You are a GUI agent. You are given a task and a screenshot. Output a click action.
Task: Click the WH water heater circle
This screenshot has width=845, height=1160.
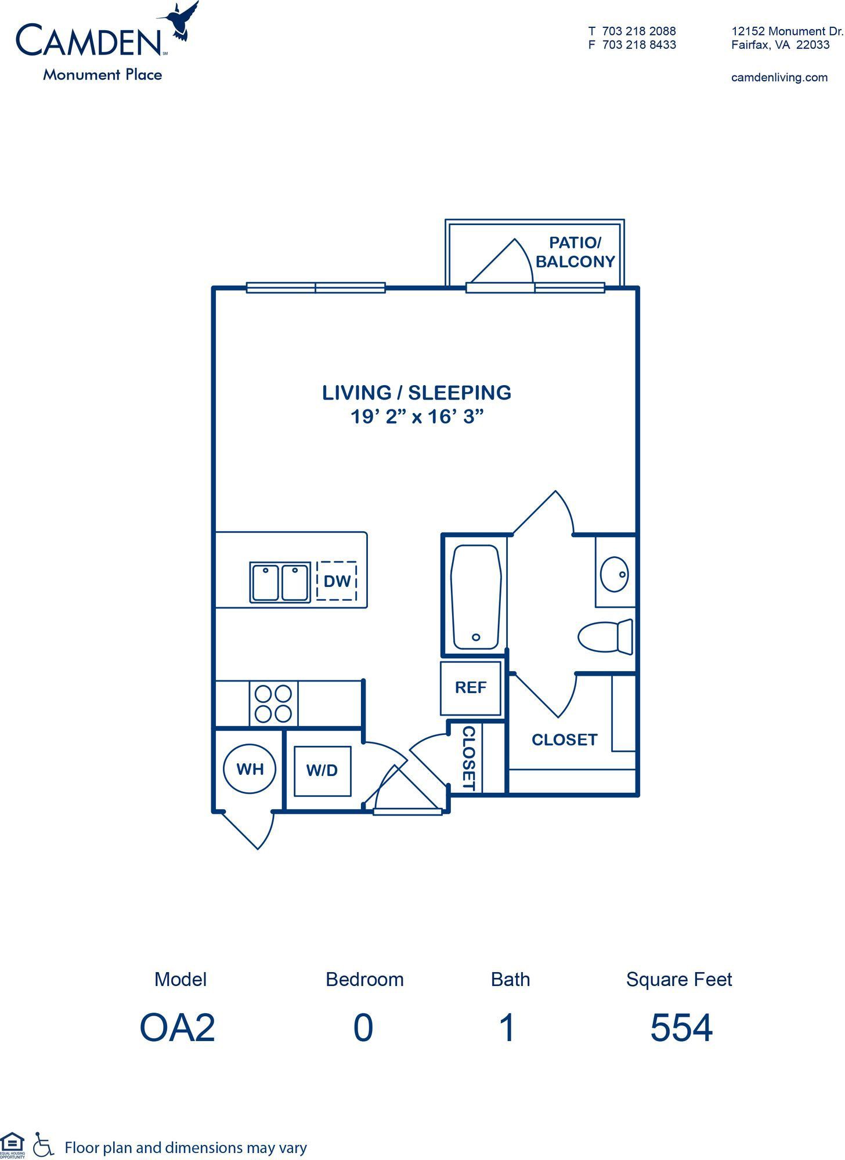tap(250, 769)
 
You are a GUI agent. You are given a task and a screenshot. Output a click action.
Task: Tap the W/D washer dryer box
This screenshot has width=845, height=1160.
tap(322, 771)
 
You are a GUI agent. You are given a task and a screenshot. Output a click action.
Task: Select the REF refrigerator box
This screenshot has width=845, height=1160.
tap(471, 688)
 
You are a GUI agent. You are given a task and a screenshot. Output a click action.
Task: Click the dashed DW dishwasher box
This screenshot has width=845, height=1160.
tap(337, 581)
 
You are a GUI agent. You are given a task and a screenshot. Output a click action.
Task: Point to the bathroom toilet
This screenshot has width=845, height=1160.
tap(605, 636)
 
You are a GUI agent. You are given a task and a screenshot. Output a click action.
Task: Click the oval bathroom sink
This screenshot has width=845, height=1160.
tap(613, 574)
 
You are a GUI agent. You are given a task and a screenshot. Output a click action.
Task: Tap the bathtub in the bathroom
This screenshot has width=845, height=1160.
tap(475, 597)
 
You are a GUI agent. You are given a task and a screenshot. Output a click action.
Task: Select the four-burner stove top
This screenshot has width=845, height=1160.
tap(273, 704)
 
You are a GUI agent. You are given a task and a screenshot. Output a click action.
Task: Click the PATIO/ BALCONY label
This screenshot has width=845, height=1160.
tap(575, 252)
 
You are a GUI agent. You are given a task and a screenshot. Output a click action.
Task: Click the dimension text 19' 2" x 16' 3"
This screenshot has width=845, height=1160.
tap(417, 416)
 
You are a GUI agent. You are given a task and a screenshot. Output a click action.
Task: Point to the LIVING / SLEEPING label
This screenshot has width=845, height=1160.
tap(417, 393)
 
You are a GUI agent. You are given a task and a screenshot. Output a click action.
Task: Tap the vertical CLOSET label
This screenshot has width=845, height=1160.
tap(469, 759)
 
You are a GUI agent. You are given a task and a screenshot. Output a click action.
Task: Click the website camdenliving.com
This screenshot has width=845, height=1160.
tap(779, 77)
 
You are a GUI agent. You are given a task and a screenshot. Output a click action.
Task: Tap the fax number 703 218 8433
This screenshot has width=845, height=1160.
tap(639, 45)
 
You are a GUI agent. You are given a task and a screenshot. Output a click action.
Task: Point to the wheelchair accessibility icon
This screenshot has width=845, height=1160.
tap(43, 1144)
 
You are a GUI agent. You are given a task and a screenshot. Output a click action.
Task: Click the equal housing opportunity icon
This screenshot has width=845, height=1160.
tap(12, 1144)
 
